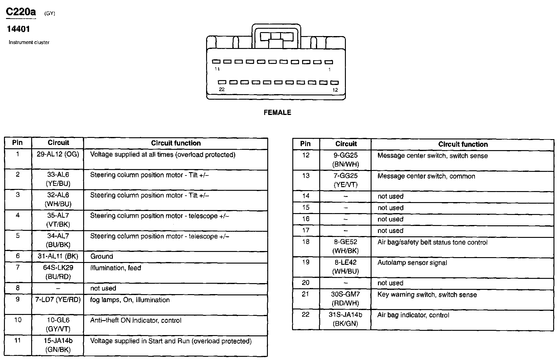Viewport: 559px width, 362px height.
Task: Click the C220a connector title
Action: coord(21,12)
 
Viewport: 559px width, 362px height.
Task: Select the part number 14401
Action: coord(18,29)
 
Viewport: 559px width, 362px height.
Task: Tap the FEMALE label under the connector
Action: coord(277,113)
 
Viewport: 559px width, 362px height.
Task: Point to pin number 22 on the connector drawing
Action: coord(222,89)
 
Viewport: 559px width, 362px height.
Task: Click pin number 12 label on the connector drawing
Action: coord(335,90)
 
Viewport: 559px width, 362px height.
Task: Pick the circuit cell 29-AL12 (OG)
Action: coord(58,154)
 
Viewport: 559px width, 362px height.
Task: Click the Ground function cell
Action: coord(102,256)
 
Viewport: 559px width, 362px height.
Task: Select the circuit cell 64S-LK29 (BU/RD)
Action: coord(58,272)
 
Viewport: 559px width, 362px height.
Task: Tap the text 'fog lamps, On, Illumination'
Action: coord(130,300)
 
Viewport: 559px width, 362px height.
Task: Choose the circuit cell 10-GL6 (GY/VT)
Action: coord(58,324)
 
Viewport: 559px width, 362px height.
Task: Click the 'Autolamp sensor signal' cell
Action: coord(412,263)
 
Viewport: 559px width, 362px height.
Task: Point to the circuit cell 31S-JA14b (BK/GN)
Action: coord(345,319)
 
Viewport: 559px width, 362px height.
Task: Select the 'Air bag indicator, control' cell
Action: coord(413,315)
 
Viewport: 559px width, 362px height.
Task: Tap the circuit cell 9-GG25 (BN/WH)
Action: coord(346,160)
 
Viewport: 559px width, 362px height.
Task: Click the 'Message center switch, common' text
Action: coord(426,176)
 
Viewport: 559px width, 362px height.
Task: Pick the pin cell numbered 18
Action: coord(306,242)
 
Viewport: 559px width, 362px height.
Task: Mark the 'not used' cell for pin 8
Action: coord(103,288)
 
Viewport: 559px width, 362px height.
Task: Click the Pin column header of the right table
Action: coord(305,144)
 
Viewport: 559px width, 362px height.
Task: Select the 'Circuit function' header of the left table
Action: coord(176,143)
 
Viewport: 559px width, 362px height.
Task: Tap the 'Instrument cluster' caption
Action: coord(29,42)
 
